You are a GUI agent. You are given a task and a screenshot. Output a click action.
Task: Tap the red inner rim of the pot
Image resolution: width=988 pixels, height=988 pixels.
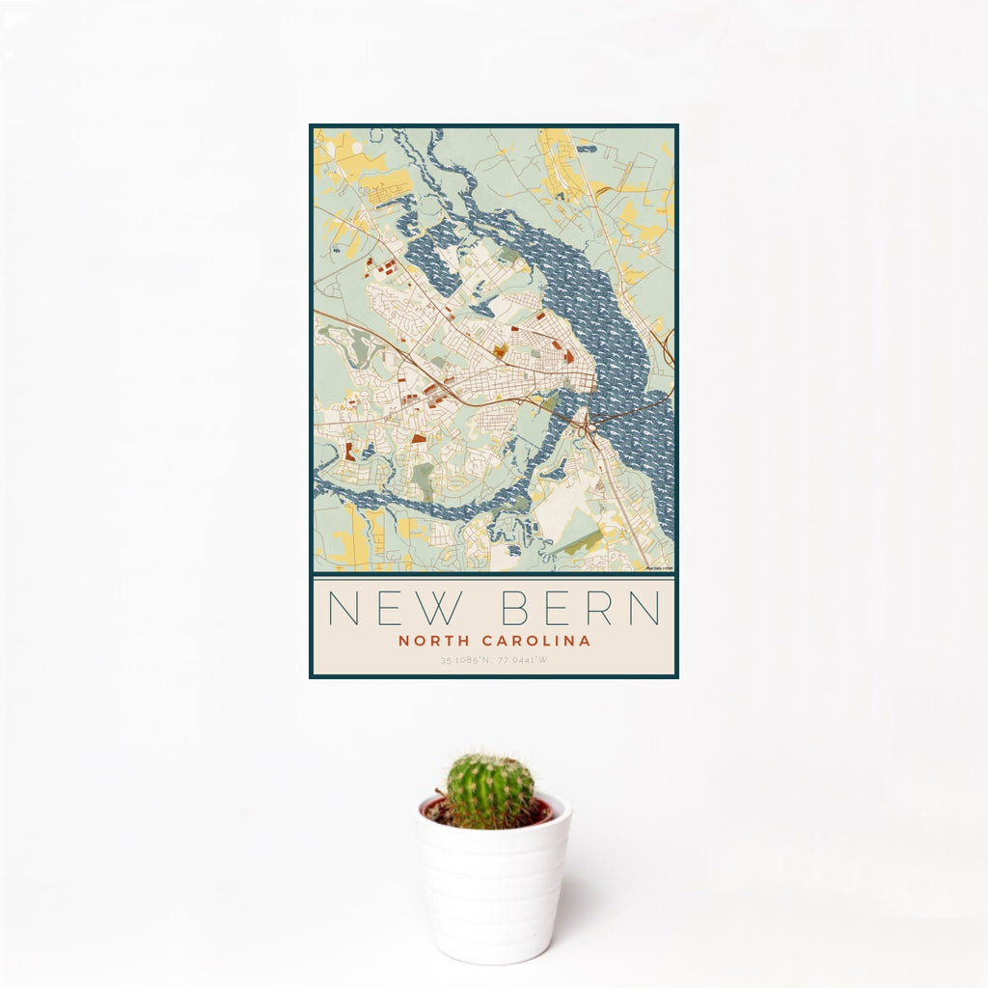[545, 810]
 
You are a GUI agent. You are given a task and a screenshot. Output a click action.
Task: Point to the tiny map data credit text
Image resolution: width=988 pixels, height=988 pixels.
[659, 568]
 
